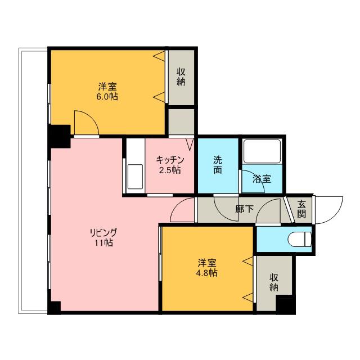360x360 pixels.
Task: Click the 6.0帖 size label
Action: pyautogui.click(x=107, y=96)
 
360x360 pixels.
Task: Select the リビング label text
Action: pyautogui.click(x=103, y=233)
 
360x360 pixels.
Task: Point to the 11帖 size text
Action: pyautogui.click(x=103, y=243)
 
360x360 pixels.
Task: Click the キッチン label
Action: pyautogui.click(x=170, y=160)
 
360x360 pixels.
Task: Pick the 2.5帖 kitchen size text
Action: pyautogui.click(x=170, y=170)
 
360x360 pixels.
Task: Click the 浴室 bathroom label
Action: pyautogui.click(x=262, y=179)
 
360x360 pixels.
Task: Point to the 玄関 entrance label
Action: pyautogui.click(x=302, y=209)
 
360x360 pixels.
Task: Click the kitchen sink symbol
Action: pyautogui.click(x=135, y=177)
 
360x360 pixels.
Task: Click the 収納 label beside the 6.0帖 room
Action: pyautogui.click(x=181, y=76)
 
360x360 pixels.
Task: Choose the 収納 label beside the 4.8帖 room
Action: pyautogui.click(x=274, y=282)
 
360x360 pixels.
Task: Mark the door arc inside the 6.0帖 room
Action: pyautogui.click(x=86, y=123)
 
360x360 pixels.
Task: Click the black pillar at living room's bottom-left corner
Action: pyautogui.click(x=54, y=308)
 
